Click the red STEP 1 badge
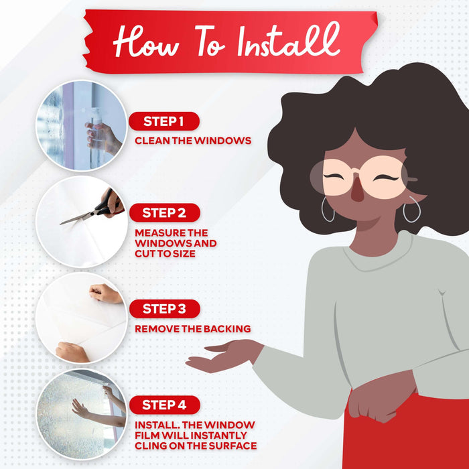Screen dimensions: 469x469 pyautogui.click(x=164, y=121)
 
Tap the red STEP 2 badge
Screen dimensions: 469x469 pyautogui.click(x=165, y=212)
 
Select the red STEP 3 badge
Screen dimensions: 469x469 pyautogui.click(x=165, y=309)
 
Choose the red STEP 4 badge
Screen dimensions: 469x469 pyautogui.click(x=165, y=405)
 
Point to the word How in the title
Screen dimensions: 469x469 pyautogui.click(x=146, y=42)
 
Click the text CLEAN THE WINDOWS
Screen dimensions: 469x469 pyautogui.click(x=193, y=141)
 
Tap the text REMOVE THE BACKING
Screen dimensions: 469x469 pyautogui.click(x=193, y=329)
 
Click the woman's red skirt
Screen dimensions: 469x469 pyautogui.click(x=407, y=433)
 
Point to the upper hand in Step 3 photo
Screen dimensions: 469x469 pyautogui.click(x=105, y=293)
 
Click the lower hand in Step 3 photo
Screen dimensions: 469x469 pyautogui.click(x=72, y=352)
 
